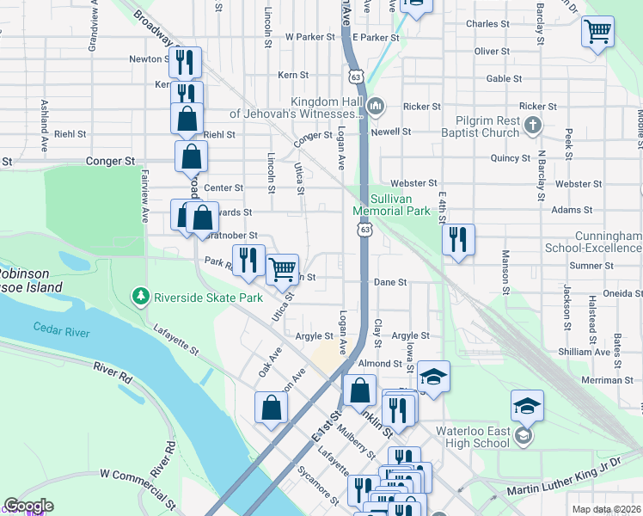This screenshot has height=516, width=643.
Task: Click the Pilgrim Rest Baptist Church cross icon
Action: [533, 126]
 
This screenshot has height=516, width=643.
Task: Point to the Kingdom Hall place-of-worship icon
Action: [376, 107]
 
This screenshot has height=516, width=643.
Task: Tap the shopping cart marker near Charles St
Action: [597, 32]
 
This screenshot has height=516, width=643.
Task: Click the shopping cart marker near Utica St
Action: [282, 269]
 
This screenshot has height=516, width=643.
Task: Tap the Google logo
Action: [28, 506]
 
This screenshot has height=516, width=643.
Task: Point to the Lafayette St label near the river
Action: [177, 341]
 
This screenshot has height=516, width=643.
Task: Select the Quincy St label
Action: [510, 158]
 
